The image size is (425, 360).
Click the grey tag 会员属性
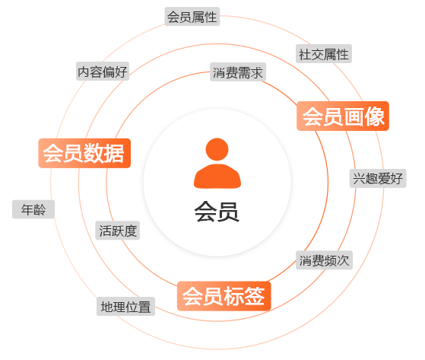click(192, 17)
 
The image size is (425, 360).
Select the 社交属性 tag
click(324, 54)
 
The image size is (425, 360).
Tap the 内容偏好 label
click(103, 72)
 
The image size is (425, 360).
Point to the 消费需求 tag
click(238, 72)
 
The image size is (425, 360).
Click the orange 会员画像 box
click(343, 116)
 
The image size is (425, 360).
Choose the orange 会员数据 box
click(84, 153)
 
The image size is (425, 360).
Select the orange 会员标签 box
click(224, 296)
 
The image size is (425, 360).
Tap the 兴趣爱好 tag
click(378, 179)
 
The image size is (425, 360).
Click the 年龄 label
click(33, 209)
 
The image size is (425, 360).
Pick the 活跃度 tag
click(118, 231)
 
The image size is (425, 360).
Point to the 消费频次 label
click(324, 260)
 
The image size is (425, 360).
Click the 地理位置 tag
click(125, 306)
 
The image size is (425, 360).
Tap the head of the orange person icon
click(217, 149)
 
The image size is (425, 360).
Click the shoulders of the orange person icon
click(217, 176)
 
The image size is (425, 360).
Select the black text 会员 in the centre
click(217, 212)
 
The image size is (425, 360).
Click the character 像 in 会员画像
click(374, 116)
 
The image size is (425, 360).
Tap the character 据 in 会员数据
click(114, 153)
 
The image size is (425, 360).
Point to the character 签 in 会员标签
click(254, 296)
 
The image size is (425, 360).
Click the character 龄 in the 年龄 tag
click(40, 209)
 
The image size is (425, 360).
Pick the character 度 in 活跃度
click(131, 231)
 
